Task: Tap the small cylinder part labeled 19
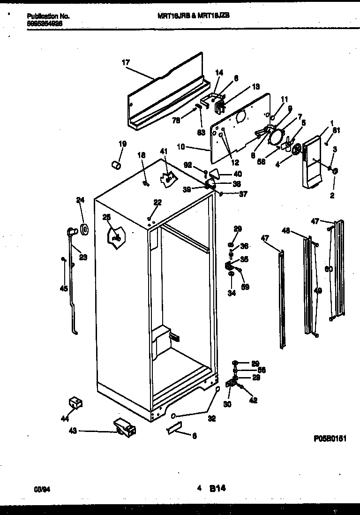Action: click(x=115, y=165)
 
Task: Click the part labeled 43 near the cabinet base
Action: click(x=124, y=427)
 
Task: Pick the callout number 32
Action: click(x=211, y=419)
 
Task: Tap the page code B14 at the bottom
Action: click(x=217, y=488)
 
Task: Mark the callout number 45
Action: click(x=64, y=288)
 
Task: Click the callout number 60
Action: click(x=328, y=269)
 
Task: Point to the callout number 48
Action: click(x=286, y=230)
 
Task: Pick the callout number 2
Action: click(x=332, y=196)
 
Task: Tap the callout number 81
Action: click(x=336, y=131)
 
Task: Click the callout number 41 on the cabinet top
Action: click(x=163, y=151)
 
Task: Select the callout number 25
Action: click(x=108, y=217)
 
